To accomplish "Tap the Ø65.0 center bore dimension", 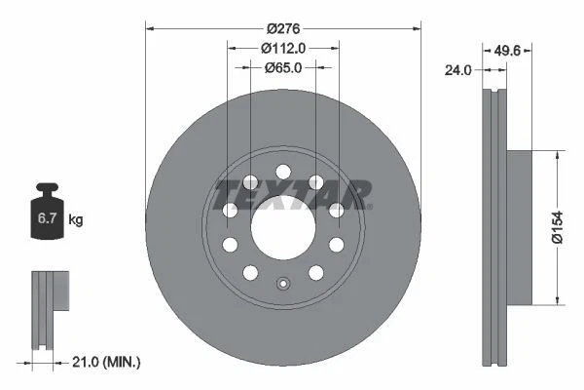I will (283, 67).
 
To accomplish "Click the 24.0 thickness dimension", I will (458, 69).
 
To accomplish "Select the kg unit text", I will (75, 220).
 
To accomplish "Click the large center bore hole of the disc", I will (283, 228).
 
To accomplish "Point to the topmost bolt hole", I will (283, 173).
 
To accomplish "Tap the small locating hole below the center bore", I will (283, 285).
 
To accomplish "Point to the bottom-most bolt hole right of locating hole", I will (315, 272).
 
